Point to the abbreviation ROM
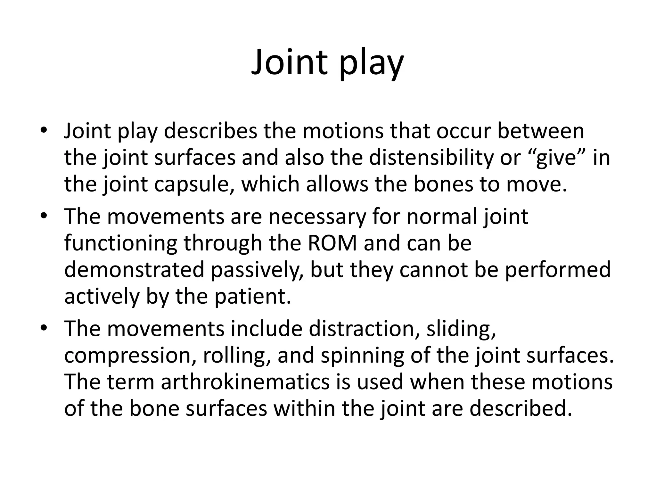[332, 243]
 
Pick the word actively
[102, 296]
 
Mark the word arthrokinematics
[245, 382]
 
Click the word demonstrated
[134, 270]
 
